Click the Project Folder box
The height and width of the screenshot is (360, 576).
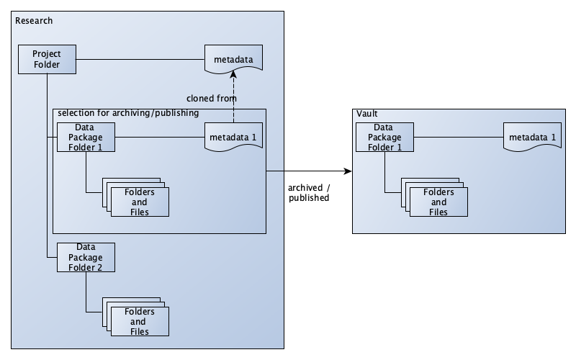tap(47, 59)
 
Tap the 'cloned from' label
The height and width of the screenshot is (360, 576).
tap(211, 99)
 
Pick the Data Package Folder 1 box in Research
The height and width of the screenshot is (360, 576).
tap(86, 136)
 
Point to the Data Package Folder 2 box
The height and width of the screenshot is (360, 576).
tap(86, 257)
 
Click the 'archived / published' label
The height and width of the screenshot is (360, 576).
tap(309, 192)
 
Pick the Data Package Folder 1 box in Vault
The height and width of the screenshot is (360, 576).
tap(384, 136)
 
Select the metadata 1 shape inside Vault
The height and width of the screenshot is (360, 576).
tap(532, 137)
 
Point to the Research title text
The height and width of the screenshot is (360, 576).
tap(34, 20)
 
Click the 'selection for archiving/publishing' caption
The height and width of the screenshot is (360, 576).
tap(128, 113)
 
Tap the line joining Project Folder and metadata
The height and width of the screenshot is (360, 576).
tap(140, 58)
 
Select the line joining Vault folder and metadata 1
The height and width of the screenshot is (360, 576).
tap(458, 136)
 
